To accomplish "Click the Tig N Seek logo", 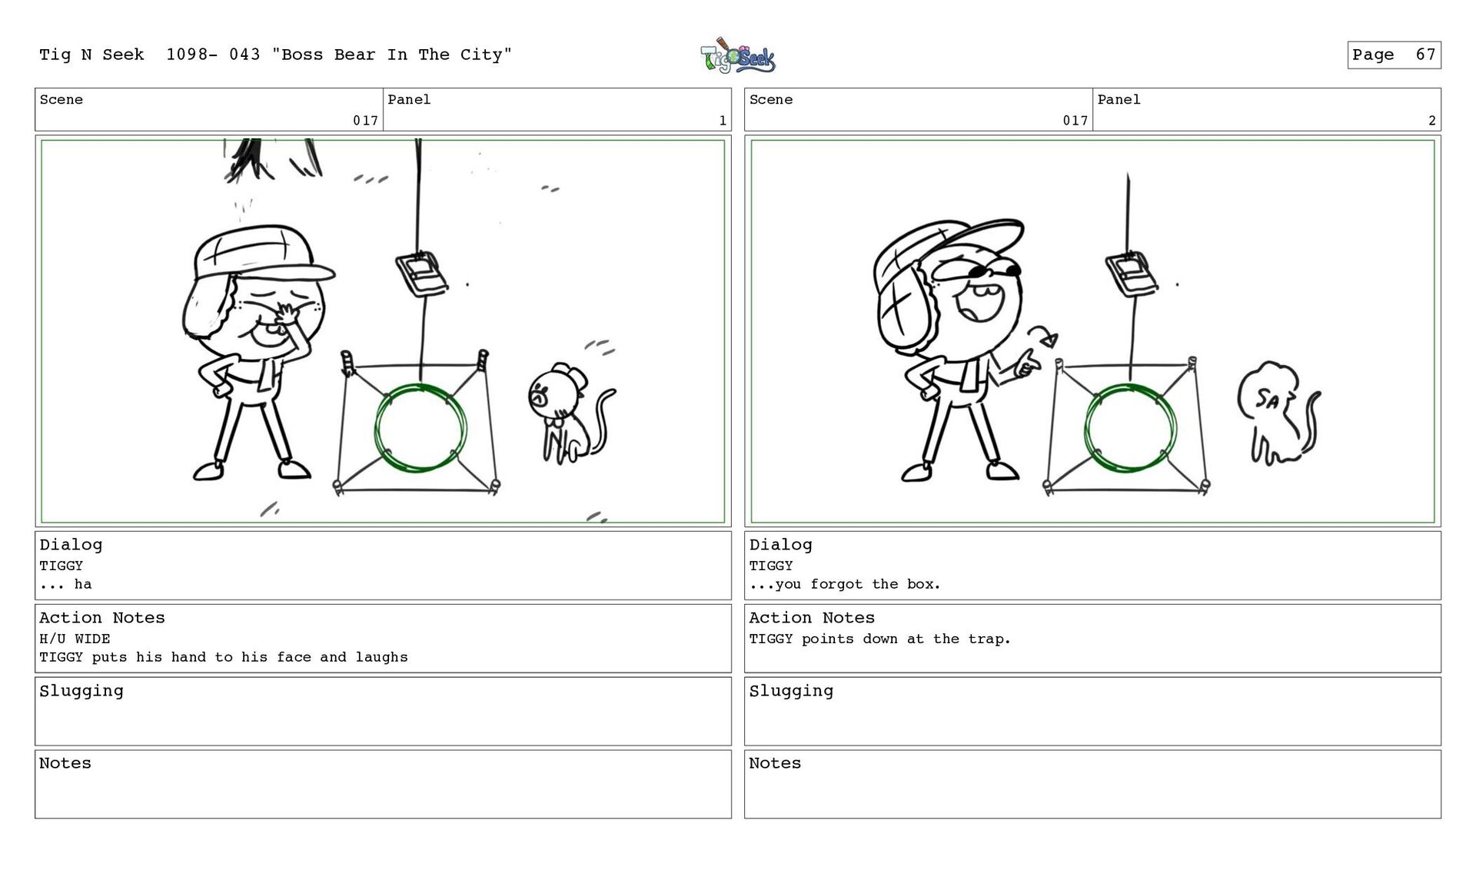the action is click(737, 55).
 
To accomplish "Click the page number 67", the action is click(1425, 55).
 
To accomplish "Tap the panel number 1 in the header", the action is click(723, 121).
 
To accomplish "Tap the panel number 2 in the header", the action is click(1432, 121).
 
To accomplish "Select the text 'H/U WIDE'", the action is click(75, 639).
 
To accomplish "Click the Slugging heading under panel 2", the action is click(791, 692).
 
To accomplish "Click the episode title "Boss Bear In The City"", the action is click(392, 55).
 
